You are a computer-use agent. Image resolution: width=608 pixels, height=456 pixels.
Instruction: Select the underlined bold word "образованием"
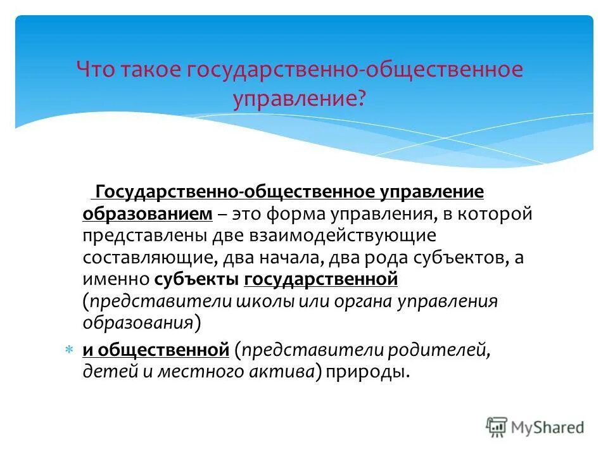(x=147, y=214)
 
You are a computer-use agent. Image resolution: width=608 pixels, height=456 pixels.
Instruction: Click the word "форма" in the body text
(x=293, y=214)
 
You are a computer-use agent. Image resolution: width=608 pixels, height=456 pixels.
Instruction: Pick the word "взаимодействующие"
(x=364, y=236)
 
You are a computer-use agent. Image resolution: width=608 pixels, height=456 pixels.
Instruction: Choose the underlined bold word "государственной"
(x=320, y=279)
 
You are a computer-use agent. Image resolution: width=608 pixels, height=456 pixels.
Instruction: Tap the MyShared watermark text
(x=548, y=427)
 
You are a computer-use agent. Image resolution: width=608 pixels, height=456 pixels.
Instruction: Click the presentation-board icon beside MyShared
(x=497, y=427)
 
